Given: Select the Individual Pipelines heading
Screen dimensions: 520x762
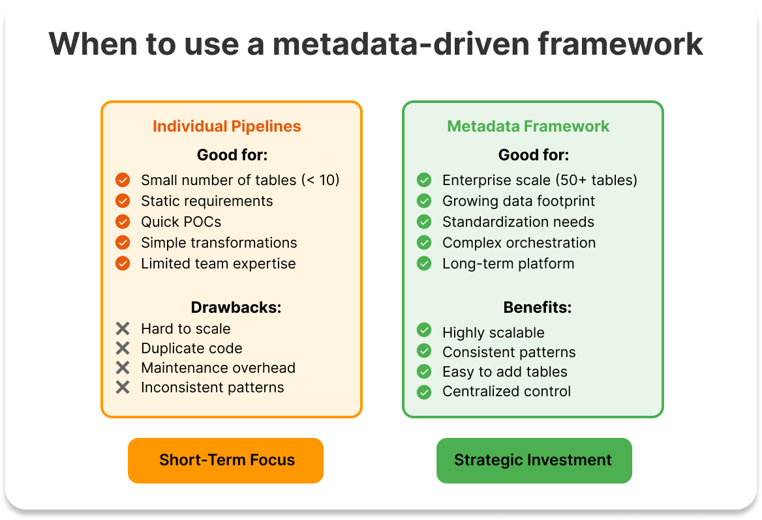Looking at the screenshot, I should point(227,126).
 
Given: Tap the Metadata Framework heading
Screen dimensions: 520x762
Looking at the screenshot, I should point(528,126).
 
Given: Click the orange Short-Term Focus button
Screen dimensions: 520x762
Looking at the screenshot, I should point(226,460).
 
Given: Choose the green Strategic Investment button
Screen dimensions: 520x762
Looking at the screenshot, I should point(534,460).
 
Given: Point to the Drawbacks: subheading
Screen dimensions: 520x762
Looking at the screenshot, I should point(236,308).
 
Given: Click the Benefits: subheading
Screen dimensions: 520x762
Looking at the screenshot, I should point(537,308).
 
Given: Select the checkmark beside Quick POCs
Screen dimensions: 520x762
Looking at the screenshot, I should point(123,222).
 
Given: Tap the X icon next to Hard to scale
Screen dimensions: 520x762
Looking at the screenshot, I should point(123,328).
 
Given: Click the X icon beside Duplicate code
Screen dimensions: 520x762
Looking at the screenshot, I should point(123,348).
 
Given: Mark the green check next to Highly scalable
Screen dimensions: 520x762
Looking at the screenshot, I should point(424,332).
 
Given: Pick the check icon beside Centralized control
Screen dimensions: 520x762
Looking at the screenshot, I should point(424,392).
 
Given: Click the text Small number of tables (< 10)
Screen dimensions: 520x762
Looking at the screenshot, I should point(240,180).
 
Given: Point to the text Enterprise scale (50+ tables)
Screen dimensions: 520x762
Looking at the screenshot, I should point(540,180).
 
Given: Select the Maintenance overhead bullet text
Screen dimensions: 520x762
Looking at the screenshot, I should point(218,368).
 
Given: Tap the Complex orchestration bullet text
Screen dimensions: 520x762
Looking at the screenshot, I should point(519,242).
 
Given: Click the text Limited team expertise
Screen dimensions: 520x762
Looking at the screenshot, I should point(218,263).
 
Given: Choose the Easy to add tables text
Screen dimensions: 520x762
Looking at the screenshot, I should point(504,371).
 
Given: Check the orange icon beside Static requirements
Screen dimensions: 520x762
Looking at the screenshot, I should point(123,201).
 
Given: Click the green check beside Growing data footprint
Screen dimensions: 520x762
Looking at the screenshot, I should point(424,201).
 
